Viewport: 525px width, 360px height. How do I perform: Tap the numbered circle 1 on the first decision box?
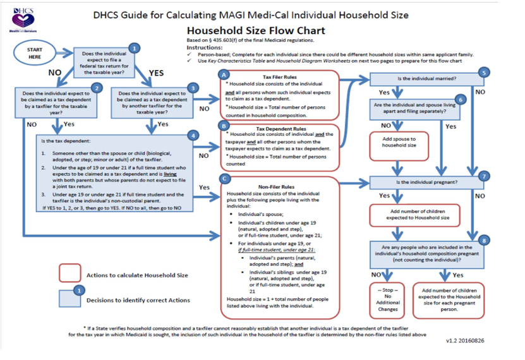pos(133,47)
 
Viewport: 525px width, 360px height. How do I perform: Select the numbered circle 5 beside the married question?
pos(484,73)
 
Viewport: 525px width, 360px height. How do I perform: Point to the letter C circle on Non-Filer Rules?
pos(222,179)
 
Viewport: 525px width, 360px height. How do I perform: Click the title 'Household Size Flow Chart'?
pos(256,30)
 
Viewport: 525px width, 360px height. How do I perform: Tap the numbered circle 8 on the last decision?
pos(484,240)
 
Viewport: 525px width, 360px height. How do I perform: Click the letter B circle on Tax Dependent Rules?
pos(222,126)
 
